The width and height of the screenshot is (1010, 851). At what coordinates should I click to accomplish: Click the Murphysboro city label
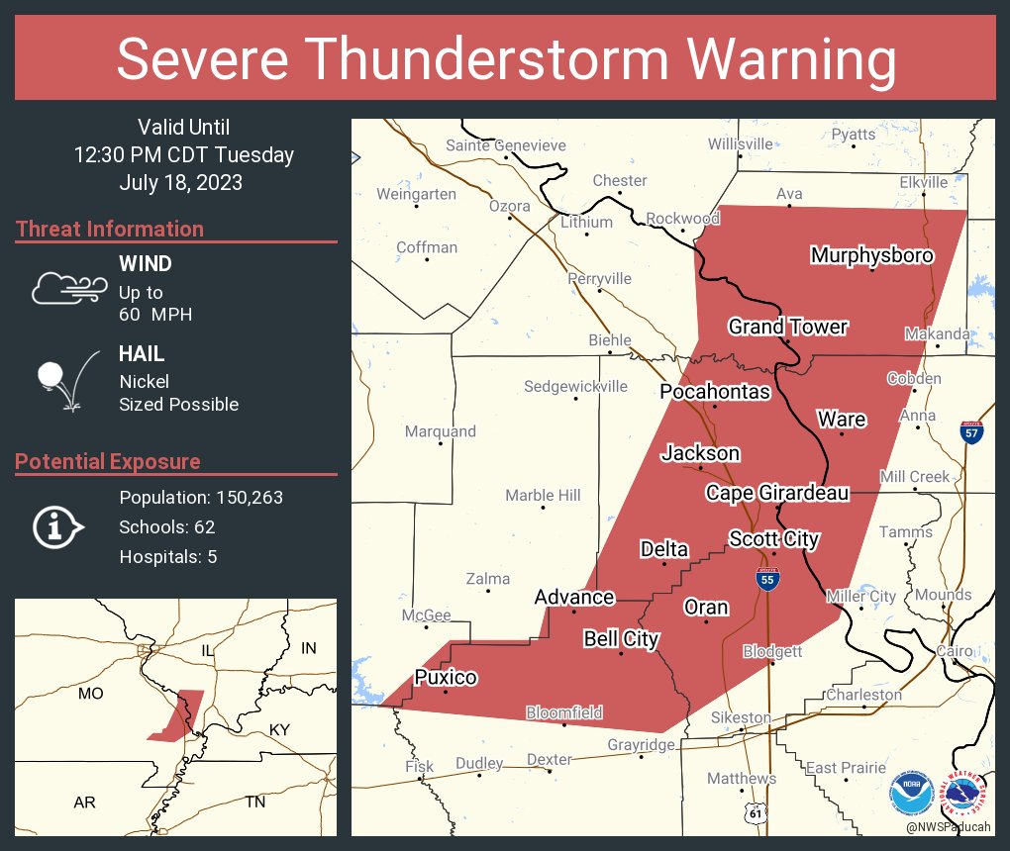pyautogui.click(x=871, y=255)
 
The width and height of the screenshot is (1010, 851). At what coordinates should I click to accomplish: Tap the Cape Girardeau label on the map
pyautogui.click(x=777, y=492)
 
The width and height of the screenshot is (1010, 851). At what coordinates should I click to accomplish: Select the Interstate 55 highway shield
pyautogui.click(x=767, y=579)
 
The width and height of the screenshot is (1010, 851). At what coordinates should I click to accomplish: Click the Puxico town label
pyautogui.click(x=446, y=677)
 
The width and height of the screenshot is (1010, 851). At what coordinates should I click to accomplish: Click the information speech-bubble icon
pyautogui.click(x=58, y=526)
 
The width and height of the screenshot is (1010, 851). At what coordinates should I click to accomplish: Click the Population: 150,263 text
pyautogui.click(x=201, y=497)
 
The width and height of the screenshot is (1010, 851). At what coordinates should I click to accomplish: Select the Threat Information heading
pyautogui.click(x=110, y=229)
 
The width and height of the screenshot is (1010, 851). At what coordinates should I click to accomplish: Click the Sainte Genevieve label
pyautogui.click(x=506, y=145)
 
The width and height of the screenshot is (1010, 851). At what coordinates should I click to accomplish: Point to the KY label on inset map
pyautogui.click(x=279, y=729)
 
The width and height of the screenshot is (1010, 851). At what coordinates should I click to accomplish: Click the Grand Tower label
pyautogui.click(x=788, y=327)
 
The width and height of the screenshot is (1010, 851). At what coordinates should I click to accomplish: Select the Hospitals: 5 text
pyautogui.click(x=168, y=557)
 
